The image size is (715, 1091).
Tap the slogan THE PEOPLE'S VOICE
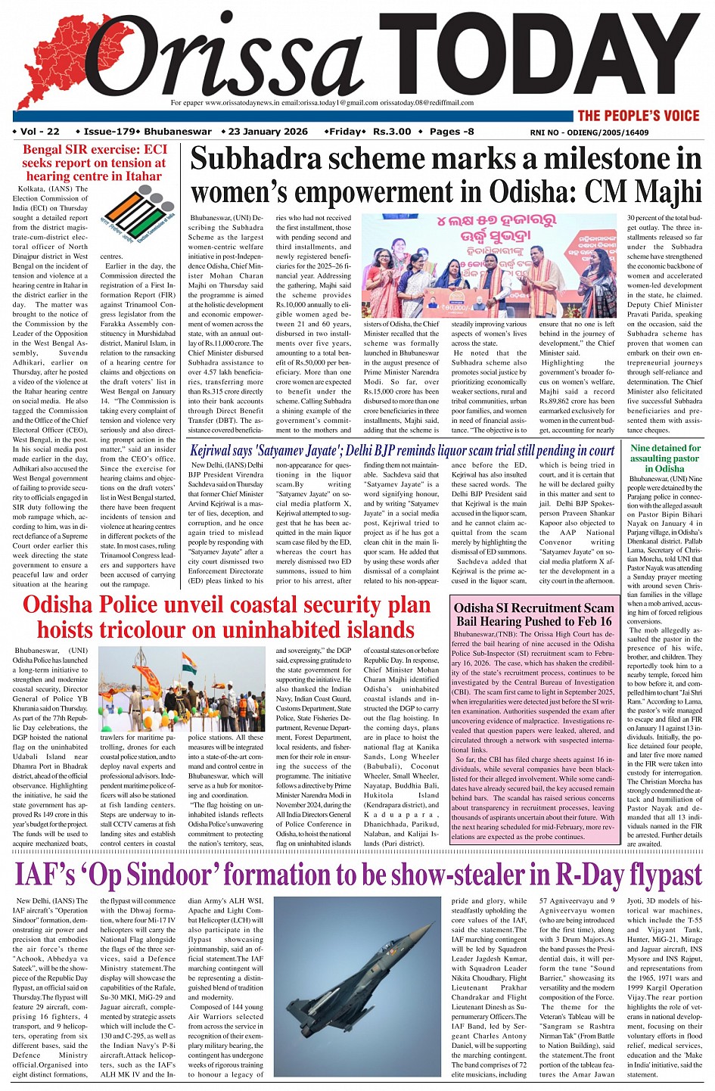[x=639, y=116]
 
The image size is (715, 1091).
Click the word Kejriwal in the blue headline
[x=216, y=450]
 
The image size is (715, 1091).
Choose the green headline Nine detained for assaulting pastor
[x=666, y=458]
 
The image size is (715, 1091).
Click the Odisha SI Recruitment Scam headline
[x=533, y=614]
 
